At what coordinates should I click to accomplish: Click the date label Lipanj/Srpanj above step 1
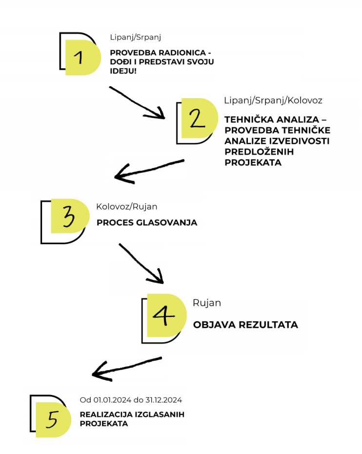(x=136, y=38)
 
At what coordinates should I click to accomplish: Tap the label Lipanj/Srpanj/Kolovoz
(x=273, y=100)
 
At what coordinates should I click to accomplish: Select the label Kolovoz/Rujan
(x=127, y=207)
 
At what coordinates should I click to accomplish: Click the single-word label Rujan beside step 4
(x=207, y=303)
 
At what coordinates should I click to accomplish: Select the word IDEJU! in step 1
(x=123, y=71)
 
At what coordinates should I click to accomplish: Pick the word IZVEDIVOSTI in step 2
(x=300, y=141)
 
